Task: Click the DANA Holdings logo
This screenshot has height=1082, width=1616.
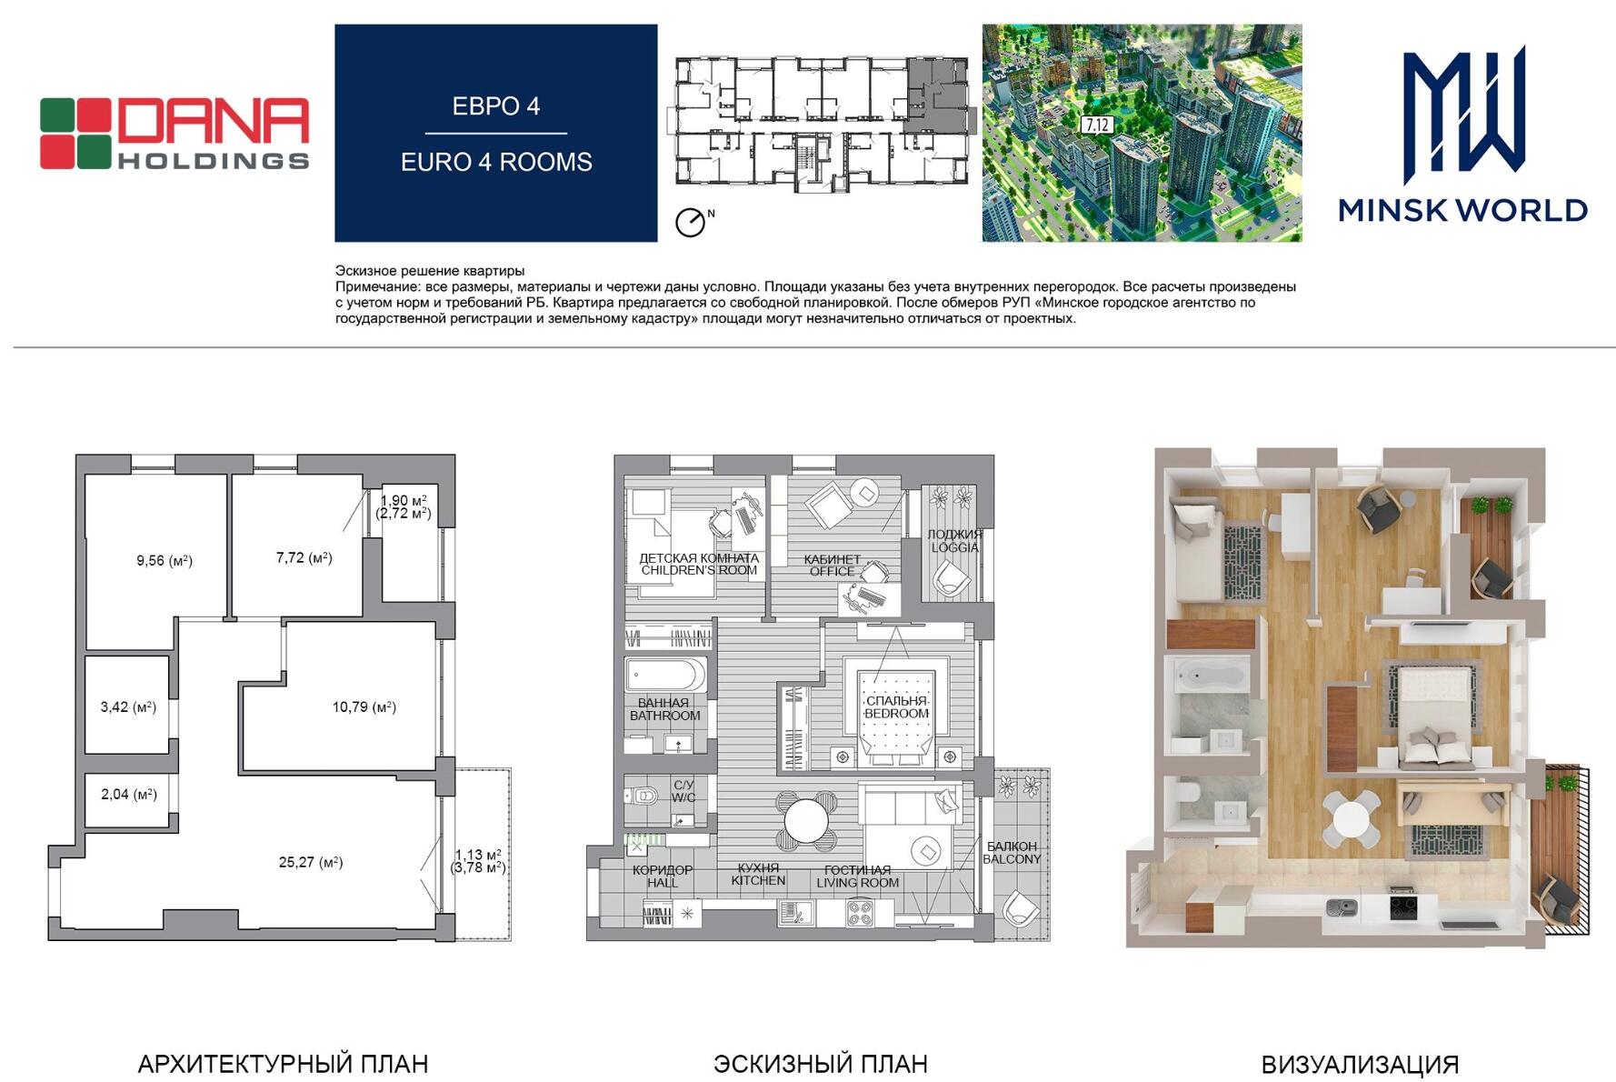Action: tap(175, 134)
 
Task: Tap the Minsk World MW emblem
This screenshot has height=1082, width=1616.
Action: tap(1463, 115)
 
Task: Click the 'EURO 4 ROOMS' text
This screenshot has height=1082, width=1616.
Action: tap(496, 162)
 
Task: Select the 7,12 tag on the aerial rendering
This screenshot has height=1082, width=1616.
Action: tap(1097, 125)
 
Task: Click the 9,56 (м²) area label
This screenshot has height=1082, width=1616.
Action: tap(165, 561)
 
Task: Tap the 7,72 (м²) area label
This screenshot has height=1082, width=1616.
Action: tap(304, 557)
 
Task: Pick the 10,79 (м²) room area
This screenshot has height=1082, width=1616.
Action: tap(364, 706)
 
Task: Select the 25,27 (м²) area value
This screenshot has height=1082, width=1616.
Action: tap(311, 862)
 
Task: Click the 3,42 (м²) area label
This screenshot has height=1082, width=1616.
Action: tap(128, 706)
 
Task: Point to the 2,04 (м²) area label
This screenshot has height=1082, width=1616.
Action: tap(129, 794)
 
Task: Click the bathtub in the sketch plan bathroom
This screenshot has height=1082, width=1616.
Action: tap(665, 675)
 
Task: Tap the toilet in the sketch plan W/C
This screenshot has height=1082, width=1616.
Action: tap(643, 796)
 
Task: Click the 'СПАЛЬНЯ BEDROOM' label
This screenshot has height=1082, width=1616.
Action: tap(897, 707)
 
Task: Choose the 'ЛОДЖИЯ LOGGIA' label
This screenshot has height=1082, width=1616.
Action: tap(954, 541)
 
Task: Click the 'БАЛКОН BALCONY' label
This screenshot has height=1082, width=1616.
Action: tap(1012, 853)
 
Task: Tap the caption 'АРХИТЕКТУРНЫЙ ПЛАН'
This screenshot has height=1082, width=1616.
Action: tap(283, 1064)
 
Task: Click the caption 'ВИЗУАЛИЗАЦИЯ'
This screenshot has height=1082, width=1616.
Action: tap(1360, 1065)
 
